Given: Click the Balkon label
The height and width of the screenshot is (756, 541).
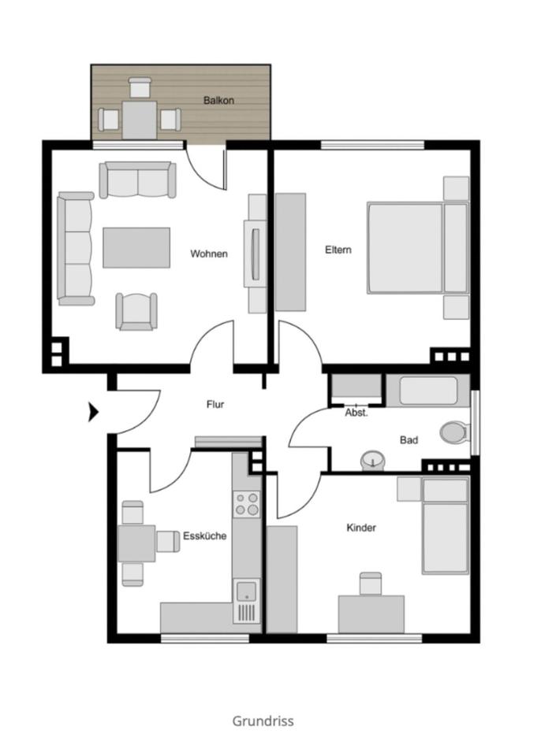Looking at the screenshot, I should click(218, 101).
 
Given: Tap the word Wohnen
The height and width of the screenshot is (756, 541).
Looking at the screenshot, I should click(209, 254).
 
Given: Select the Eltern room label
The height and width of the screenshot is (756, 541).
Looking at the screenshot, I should click(338, 250).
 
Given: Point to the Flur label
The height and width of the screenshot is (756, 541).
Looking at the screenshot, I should click(215, 404).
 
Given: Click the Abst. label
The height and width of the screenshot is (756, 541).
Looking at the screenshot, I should click(356, 413).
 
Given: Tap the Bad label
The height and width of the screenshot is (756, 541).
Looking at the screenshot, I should click(409, 440).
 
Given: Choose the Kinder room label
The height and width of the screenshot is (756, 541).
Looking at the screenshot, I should click(361, 528).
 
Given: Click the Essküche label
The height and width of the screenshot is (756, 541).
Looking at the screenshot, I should click(205, 535).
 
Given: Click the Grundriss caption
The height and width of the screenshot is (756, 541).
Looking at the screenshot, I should click(263, 721).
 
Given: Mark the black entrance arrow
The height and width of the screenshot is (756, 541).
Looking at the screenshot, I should click(93, 411).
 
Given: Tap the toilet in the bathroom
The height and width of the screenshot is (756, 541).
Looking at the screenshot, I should click(454, 432).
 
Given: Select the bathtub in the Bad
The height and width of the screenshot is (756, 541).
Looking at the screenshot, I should click(429, 390).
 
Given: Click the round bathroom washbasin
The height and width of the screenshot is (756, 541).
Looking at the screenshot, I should click(371, 460).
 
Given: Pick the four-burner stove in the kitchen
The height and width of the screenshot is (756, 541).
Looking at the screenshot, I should click(247, 503).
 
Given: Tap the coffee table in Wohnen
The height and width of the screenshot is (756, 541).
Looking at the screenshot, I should click(136, 247).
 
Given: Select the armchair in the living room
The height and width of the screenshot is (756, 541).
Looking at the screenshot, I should click(136, 310).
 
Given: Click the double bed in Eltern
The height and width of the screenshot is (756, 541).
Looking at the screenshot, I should click(416, 248).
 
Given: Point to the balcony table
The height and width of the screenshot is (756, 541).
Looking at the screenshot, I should click(139, 120).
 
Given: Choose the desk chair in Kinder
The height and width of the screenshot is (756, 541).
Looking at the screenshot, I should click(371, 584).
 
